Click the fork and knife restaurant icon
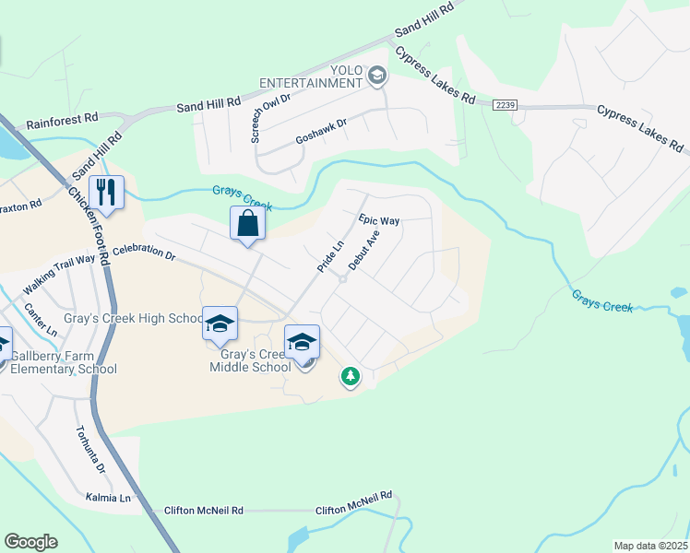108,192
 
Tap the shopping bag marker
248,223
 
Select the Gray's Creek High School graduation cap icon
220,324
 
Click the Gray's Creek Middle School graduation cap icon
302,342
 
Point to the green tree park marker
350,376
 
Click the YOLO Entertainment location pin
376,75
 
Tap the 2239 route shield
505,105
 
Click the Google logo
30,542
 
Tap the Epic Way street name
379,221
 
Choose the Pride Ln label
330,255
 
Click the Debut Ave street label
363,250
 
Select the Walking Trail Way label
59,261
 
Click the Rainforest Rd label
62,119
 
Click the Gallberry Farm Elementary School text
64,362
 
